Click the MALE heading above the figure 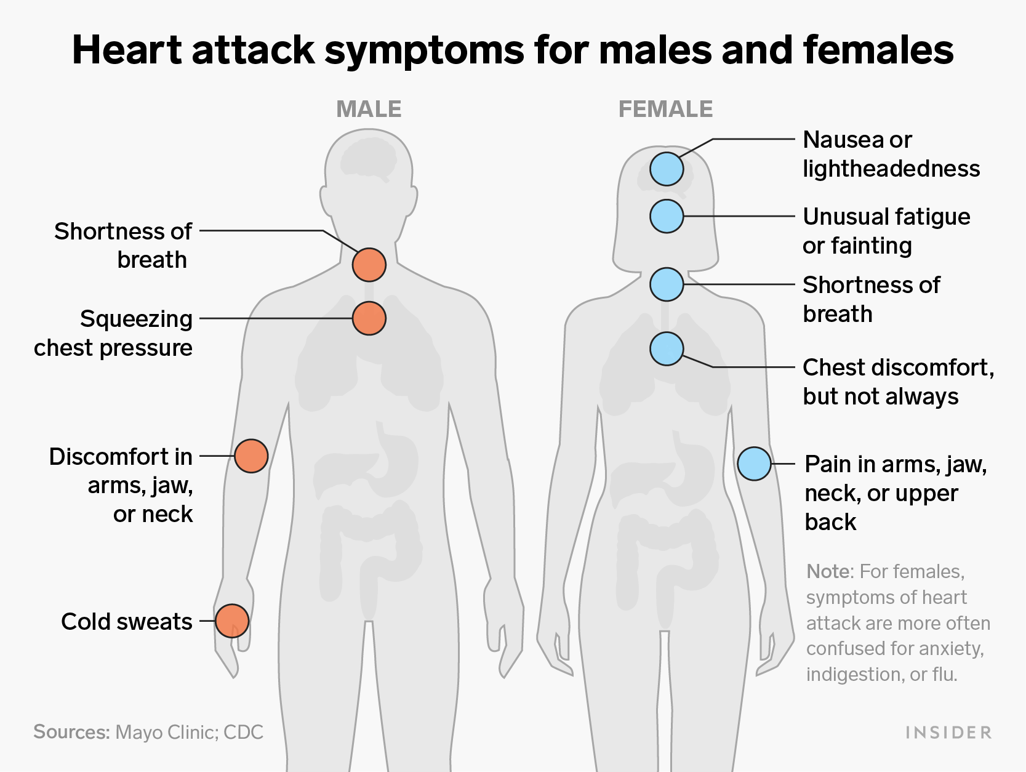(369, 110)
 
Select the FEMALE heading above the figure (665, 110)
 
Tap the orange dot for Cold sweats (232, 621)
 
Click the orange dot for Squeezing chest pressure (369, 318)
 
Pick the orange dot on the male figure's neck (369, 265)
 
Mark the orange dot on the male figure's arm (252, 456)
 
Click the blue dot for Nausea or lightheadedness (667, 169)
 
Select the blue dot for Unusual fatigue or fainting (667, 216)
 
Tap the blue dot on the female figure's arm (755, 464)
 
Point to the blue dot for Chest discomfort (667, 348)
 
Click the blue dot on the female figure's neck (667, 284)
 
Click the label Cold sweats (127, 622)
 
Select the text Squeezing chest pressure (113, 333)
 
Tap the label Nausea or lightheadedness (891, 154)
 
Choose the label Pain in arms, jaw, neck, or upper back (896, 493)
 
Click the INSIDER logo (948, 732)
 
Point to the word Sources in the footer (72, 732)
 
